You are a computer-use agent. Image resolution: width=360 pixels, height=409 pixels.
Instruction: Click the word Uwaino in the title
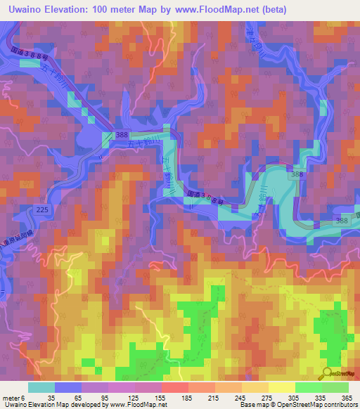27,9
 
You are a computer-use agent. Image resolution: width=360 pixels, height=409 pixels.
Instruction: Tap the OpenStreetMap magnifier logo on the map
329,373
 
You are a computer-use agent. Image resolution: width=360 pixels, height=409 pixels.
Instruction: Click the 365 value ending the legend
345,398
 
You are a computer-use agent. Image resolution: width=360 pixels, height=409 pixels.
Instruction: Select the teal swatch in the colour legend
41,387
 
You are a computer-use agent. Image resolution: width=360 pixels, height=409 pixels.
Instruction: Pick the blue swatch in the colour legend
67,387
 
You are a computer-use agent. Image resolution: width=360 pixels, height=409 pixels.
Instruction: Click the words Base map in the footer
252,405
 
